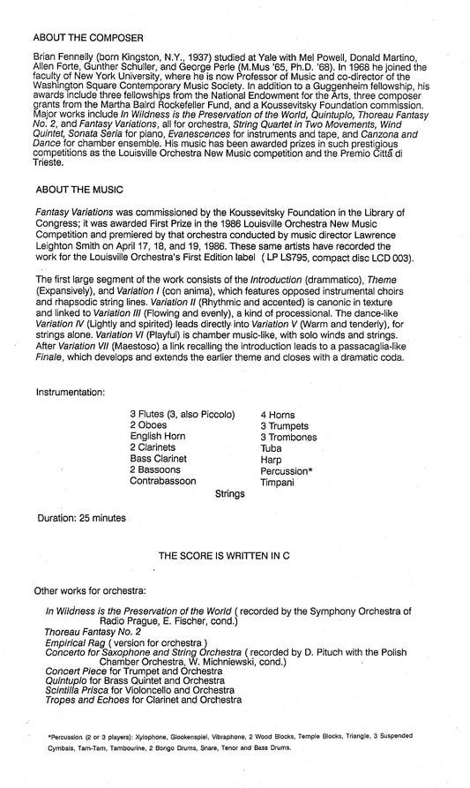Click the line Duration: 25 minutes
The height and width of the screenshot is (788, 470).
point(82,517)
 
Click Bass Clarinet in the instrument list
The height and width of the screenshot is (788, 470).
point(159,459)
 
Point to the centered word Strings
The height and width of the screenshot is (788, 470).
point(229,494)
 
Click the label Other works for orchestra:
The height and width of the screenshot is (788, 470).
point(90,589)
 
